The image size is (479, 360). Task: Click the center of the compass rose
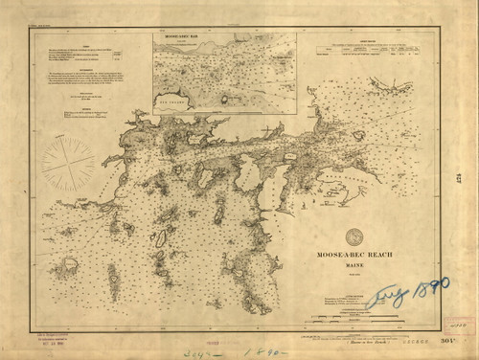[x=68, y=164]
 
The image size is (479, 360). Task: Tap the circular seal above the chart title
[x=354, y=236]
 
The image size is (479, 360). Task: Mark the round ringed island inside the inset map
[x=227, y=98]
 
